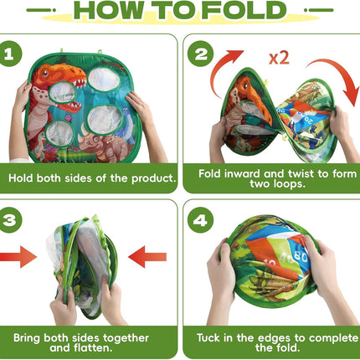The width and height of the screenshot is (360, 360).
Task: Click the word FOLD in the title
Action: [244, 10]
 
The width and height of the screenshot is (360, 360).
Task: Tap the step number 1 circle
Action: [9, 54]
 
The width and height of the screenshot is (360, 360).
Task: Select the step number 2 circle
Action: [200, 54]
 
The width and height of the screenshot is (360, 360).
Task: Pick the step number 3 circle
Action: [9, 220]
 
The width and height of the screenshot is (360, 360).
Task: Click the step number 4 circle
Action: [200, 220]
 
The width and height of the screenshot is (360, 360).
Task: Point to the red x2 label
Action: [279, 58]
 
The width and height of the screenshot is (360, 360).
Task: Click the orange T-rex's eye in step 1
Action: [44, 73]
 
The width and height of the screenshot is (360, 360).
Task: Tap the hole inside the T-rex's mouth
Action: [63, 93]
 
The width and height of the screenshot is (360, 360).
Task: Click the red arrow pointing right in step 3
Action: [18, 257]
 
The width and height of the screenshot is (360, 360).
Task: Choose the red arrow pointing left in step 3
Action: [147, 257]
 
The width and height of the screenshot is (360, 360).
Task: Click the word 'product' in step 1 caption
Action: [154, 178]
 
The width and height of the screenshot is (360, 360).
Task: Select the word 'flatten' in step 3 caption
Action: [93, 347]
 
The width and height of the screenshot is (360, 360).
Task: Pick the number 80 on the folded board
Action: [300, 257]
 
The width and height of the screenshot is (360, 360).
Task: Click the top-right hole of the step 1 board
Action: [104, 80]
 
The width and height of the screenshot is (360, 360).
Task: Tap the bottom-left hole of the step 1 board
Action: [59, 134]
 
